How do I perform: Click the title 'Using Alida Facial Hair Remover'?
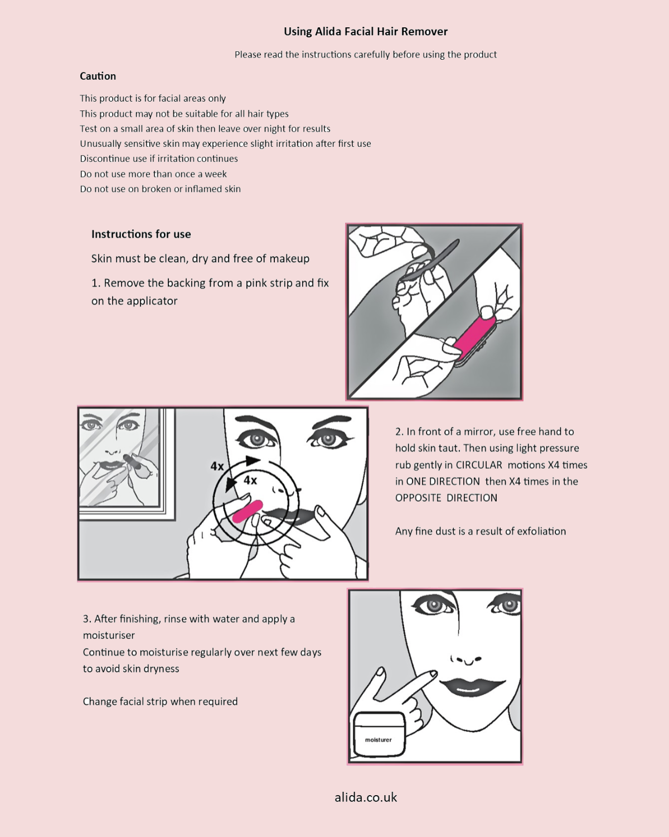point(365,32)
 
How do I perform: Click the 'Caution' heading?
point(98,76)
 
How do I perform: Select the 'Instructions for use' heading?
point(141,234)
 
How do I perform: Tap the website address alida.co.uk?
point(366,797)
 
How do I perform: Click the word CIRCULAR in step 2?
point(478,465)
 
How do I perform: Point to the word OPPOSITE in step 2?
point(418,498)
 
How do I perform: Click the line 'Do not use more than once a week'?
point(153,174)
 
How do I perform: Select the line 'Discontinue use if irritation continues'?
point(159,159)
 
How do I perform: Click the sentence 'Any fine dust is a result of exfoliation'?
point(480,531)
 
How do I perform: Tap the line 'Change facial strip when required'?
point(160,701)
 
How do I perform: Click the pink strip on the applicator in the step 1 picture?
point(474,337)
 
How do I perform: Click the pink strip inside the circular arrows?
point(247,511)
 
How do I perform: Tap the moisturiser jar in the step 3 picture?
point(379,735)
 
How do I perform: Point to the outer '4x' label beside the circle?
point(217,466)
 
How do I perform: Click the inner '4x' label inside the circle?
point(250,480)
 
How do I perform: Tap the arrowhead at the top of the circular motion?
point(253,461)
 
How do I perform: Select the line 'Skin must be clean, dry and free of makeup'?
point(200,259)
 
